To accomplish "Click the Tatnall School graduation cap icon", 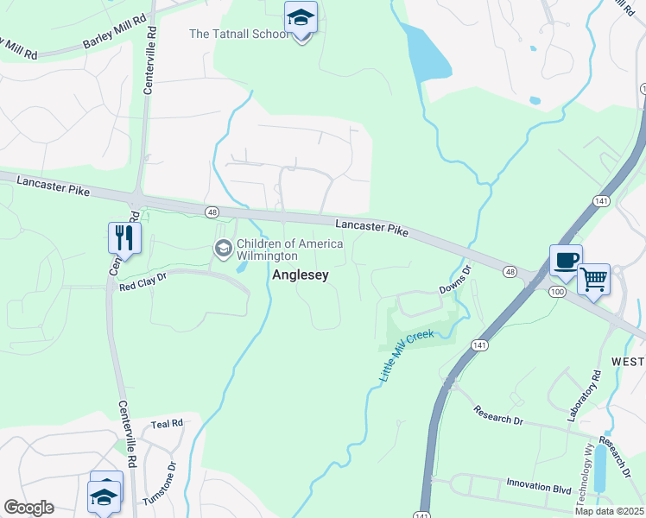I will [x=301, y=18].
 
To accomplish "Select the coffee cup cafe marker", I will [x=566, y=261].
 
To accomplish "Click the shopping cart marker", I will [x=593, y=280].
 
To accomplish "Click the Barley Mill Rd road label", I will [x=115, y=35].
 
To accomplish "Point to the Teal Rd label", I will [x=167, y=424].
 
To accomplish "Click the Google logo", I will [x=28, y=508].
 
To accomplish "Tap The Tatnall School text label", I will [x=239, y=35].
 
